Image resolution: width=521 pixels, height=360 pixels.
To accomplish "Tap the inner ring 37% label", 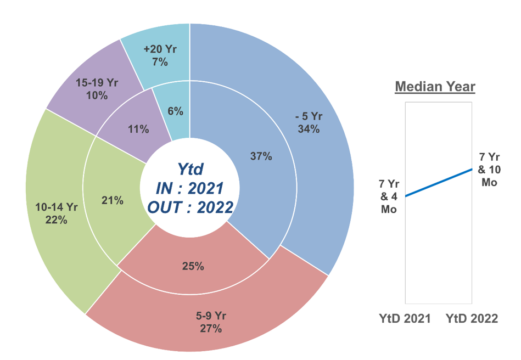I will tap(261, 156).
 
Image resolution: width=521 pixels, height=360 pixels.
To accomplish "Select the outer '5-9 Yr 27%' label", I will tap(211, 322).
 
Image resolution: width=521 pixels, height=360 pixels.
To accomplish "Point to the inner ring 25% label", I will tap(193, 267).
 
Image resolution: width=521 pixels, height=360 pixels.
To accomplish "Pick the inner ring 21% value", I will tap(112, 201).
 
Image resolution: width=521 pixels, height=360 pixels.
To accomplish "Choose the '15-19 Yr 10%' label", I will tap(97, 89).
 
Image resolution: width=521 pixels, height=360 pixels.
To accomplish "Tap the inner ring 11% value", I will tap(138, 130).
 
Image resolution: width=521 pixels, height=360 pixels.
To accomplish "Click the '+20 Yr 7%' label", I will tap(160, 55).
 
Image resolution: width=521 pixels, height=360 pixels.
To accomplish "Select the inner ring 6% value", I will tap(175, 111).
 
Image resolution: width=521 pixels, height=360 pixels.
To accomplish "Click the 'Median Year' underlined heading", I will tap(435, 86).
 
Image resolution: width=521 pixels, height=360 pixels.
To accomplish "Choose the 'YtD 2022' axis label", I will tap(472, 318).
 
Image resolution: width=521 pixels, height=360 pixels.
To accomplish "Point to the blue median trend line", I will tap(438, 183).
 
